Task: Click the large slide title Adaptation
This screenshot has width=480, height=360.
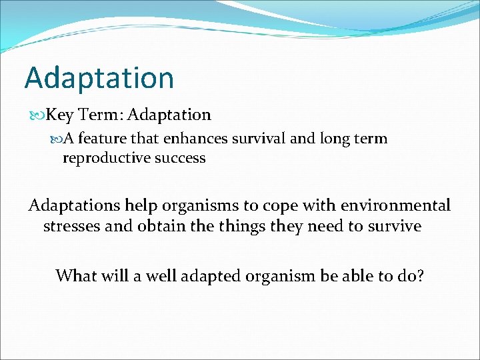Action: pyautogui.click(x=99, y=78)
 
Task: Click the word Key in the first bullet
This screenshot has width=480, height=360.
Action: pyautogui.click(x=60, y=115)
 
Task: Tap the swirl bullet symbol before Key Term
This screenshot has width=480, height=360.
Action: pyautogui.click(x=37, y=115)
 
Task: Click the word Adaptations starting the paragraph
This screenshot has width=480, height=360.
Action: pyautogui.click(x=74, y=205)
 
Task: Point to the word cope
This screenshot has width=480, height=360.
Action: pyautogui.click(x=263, y=205)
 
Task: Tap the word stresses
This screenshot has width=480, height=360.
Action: pyautogui.click(x=72, y=226)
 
